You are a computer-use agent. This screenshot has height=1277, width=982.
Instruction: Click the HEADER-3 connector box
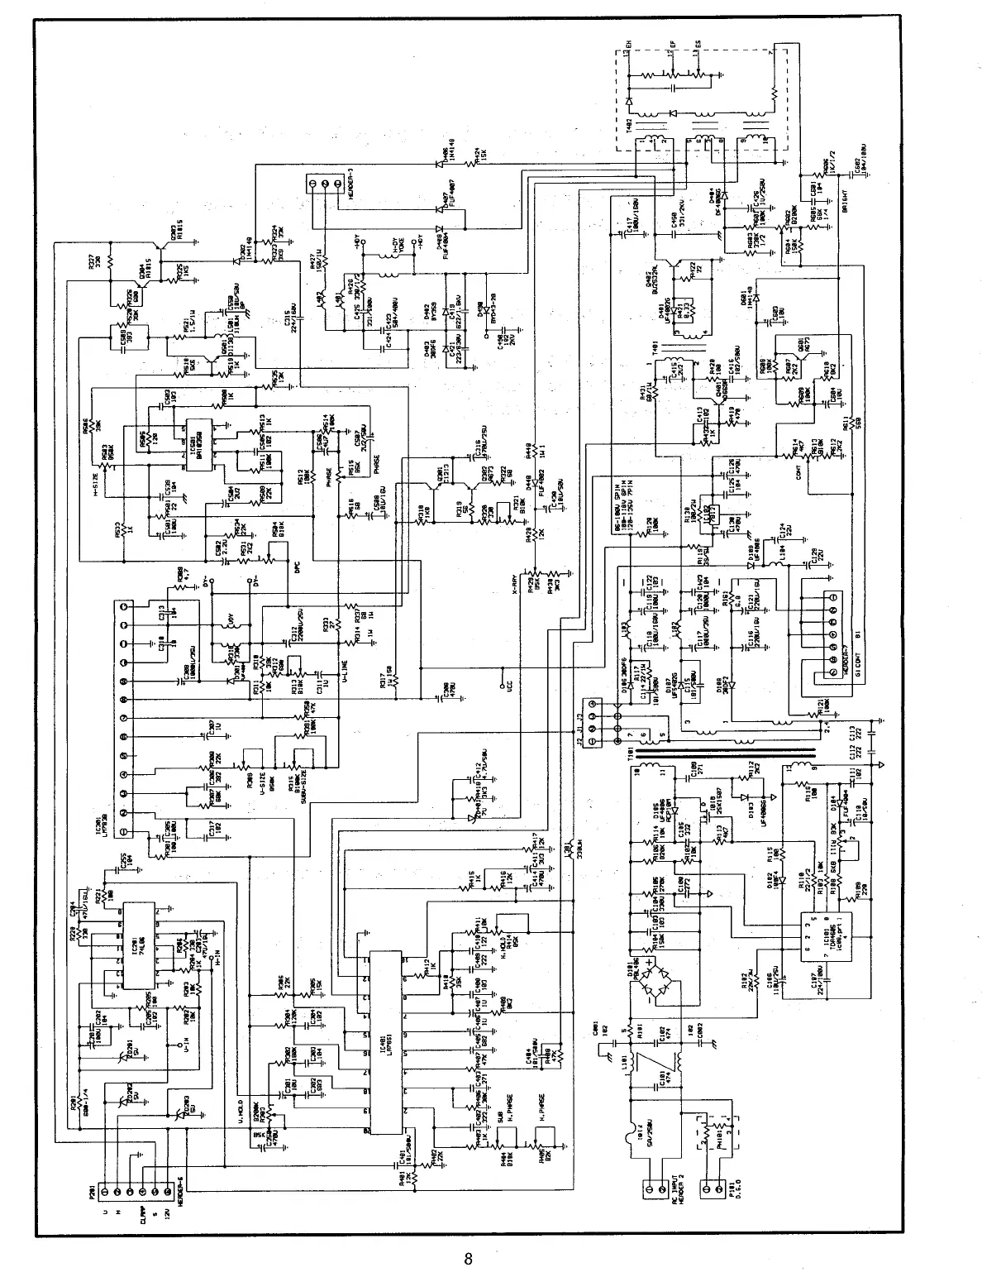coord(324,184)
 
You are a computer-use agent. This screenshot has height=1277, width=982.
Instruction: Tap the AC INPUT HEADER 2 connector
coord(654,1191)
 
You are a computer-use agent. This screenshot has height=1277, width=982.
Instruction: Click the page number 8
coord(468,1260)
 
